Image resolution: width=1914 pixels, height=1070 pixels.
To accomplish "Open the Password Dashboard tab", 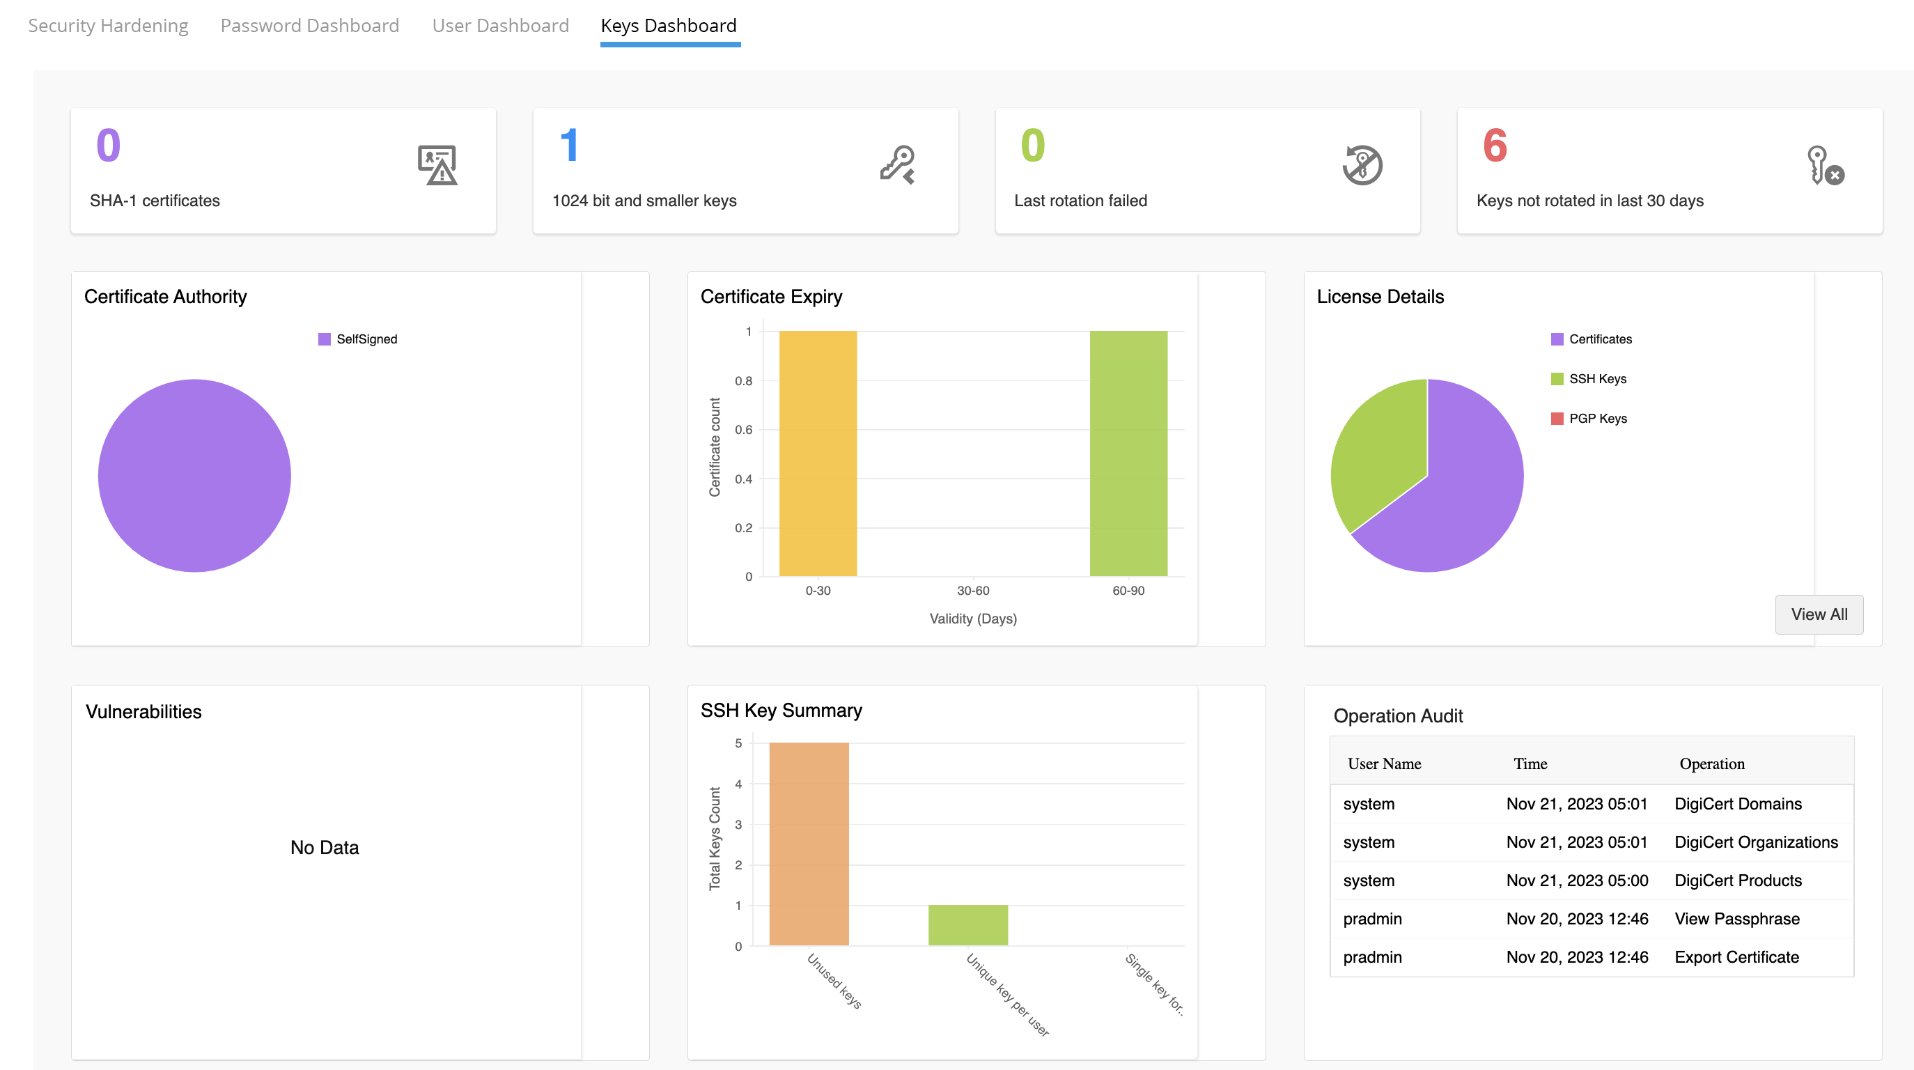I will click(310, 26).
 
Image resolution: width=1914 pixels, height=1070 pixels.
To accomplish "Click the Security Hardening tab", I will click(109, 26).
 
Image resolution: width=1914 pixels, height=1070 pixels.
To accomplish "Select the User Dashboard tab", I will click(500, 26).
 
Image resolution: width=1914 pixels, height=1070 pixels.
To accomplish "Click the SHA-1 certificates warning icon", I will click(437, 165).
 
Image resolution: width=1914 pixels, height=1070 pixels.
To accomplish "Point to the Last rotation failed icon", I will click(1362, 165).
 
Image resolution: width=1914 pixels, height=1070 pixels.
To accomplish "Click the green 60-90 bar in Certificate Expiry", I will click(1128, 453).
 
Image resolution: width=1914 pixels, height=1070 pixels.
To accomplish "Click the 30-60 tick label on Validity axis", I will click(972, 591).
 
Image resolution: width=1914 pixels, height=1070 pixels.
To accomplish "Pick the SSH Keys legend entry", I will click(1596, 379).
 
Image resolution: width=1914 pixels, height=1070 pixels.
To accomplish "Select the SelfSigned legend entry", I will click(366, 339).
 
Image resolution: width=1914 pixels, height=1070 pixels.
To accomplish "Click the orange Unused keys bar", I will click(809, 844).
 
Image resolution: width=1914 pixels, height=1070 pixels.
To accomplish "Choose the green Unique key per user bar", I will click(967, 925).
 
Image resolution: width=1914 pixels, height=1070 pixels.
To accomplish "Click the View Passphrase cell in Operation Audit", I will click(1736, 919).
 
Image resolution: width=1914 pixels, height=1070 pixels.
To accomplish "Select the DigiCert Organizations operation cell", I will click(1756, 843).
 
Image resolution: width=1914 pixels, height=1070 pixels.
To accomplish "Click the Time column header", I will click(1530, 764).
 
